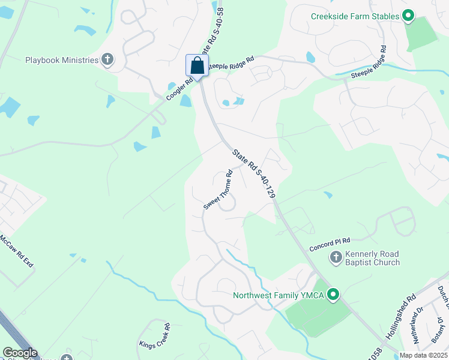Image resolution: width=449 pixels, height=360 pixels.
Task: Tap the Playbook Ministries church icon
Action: point(107,59)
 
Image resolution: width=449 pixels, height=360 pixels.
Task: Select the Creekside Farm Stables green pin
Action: point(408,16)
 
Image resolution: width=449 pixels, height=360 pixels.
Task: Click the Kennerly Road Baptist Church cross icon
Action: point(336,258)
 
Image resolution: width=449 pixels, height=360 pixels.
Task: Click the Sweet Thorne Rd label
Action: point(218,190)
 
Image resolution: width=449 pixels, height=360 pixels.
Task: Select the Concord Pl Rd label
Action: point(330,243)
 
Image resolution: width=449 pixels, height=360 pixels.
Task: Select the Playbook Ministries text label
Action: point(62,60)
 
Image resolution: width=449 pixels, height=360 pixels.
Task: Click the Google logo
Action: point(19,353)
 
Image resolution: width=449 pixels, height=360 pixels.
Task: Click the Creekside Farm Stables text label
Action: point(355,16)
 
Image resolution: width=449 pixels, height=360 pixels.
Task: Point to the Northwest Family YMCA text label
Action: point(278,295)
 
